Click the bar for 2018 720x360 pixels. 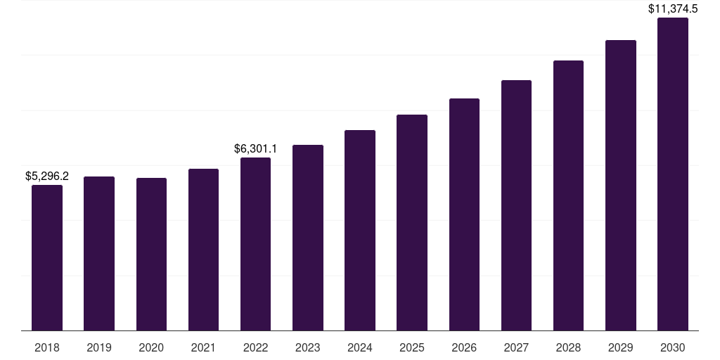tap(47, 257)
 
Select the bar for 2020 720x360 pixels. tap(151, 254)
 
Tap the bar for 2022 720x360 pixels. tap(255, 244)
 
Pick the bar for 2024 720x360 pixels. tap(360, 230)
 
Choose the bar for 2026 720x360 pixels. tap(464, 214)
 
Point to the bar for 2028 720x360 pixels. tap(568, 195)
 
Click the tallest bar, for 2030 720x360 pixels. tap(672, 174)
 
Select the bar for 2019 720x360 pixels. tap(99, 253)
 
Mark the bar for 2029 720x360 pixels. tap(620, 185)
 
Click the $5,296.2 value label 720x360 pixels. tap(47, 176)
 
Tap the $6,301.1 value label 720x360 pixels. tap(255, 148)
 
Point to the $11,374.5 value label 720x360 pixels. tap(672, 9)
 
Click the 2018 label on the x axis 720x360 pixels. tap(47, 347)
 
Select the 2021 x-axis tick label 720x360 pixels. tap(203, 347)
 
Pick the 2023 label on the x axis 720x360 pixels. tap(307, 347)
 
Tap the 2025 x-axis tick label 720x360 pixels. tap(412, 347)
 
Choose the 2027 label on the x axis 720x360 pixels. tap(516, 347)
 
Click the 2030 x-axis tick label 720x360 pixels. tap(672, 347)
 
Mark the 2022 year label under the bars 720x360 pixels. tap(255, 347)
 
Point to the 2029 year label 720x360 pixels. tap(620, 347)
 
